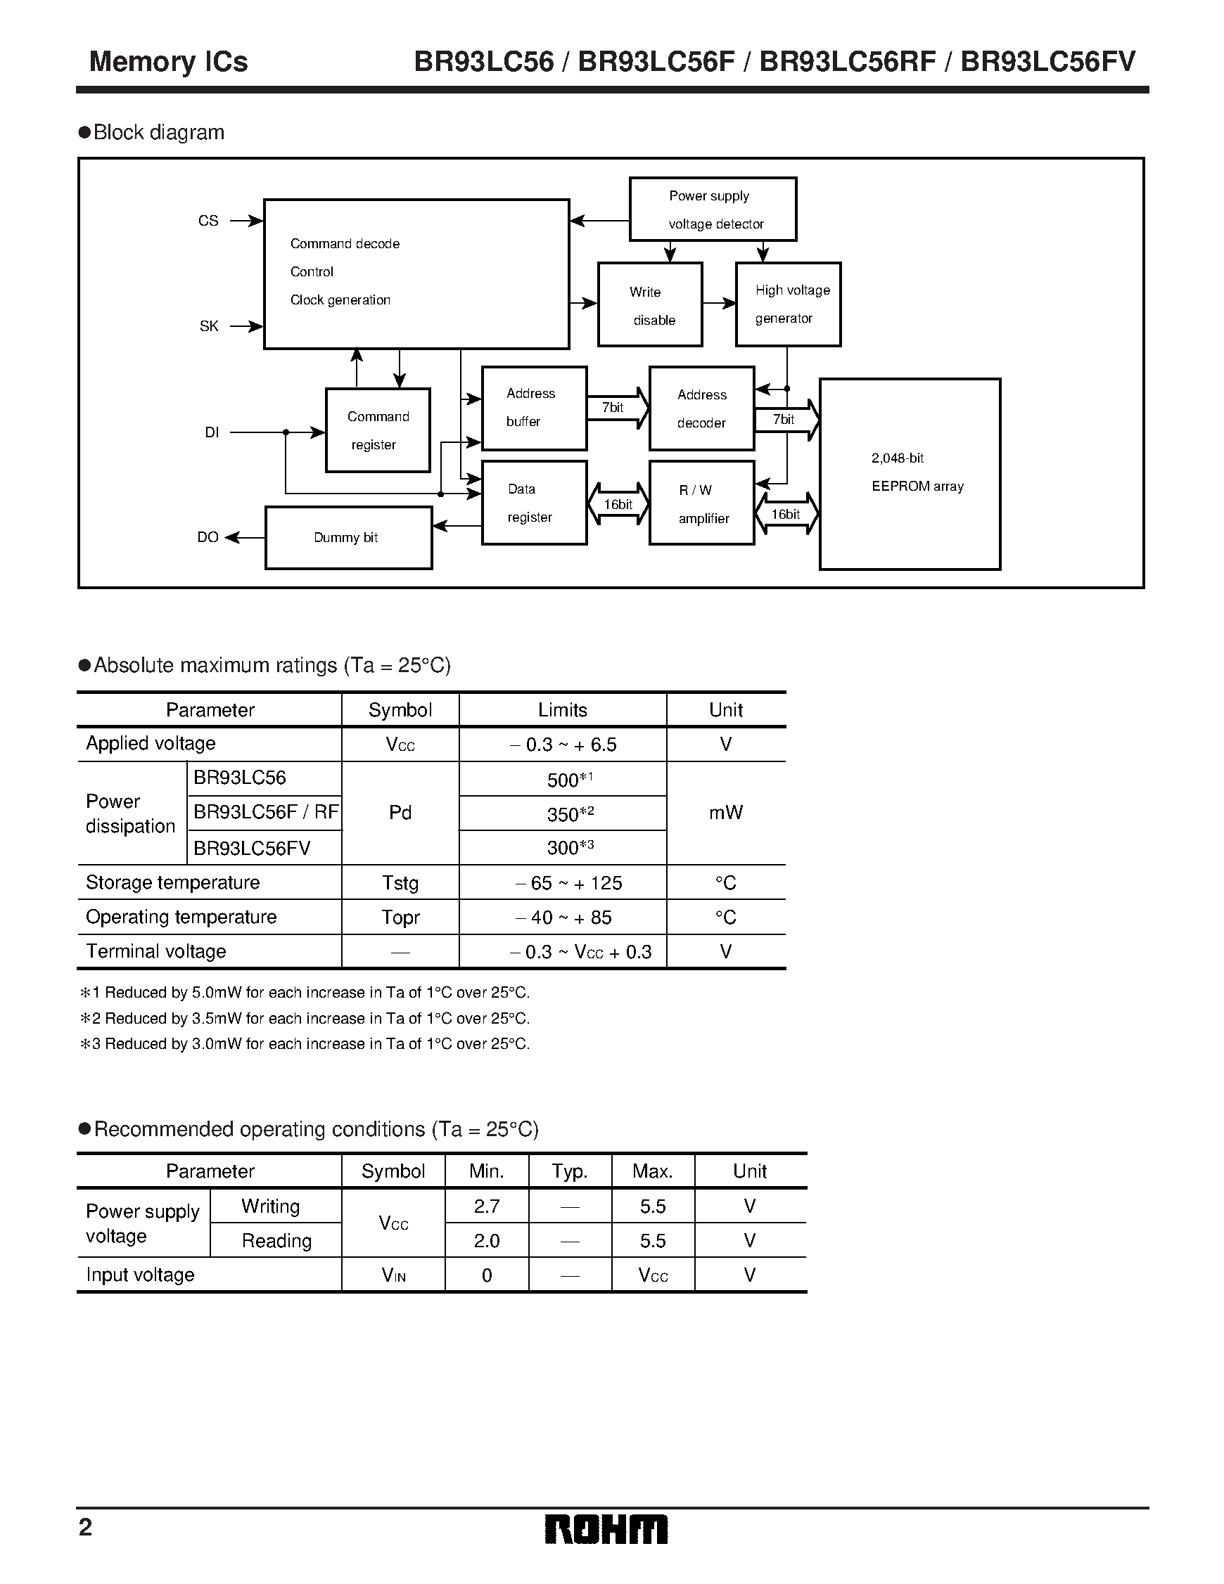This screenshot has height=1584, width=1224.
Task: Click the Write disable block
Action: click(649, 304)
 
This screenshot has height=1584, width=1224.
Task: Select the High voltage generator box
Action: click(788, 304)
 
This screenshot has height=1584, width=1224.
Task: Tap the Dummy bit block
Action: click(348, 537)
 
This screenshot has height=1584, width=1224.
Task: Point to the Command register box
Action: click(378, 430)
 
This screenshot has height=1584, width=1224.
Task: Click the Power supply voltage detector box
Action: click(713, 209)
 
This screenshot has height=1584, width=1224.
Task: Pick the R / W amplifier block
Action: click(701, 503)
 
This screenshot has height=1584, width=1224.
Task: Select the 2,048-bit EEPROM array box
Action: click(910, 474)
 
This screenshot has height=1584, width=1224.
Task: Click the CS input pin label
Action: click(208, 221)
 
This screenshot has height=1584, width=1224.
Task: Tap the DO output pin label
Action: click(208, 537)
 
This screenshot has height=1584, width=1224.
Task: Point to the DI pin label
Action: click(211, 433)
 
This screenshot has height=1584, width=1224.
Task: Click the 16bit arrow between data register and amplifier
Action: click(618, 504)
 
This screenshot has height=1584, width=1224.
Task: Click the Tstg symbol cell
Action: click(400, 882)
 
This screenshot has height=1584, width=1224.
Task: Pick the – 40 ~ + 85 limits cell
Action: click(563, 917)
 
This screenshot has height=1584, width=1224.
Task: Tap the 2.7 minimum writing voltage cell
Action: click(487, 1206)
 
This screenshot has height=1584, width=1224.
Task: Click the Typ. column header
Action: click(570, 1171)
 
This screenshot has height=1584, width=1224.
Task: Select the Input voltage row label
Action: click(140, 1275)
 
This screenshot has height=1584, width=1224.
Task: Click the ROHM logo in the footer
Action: click(606, 1530)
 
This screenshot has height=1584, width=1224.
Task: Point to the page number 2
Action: click(86, 1528)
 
